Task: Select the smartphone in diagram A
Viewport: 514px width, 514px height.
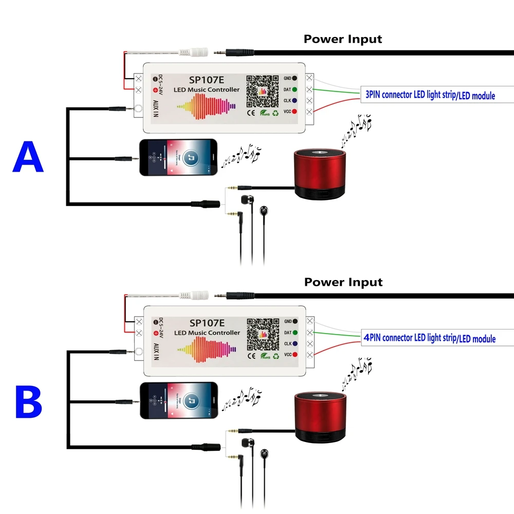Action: click(x=178, y=158)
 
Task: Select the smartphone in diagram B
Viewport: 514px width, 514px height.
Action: click(x=178, y=401)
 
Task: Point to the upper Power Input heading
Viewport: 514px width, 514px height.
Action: click(x=343, y=39)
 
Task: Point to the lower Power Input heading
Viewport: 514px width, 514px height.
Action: click(x=343, y=282)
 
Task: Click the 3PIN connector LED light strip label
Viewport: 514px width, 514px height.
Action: click(x=430, y=95)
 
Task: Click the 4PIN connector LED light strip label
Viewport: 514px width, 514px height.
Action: click(x=430, y=338)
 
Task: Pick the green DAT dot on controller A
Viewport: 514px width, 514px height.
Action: click(x=295, y=89)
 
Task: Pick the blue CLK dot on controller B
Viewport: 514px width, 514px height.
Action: click(x=295, y=344)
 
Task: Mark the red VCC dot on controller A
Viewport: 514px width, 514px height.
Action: click(x=295, y=112)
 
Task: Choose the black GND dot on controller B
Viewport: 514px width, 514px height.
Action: click(x=295, y=321)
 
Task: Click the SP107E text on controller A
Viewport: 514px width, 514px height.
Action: click(x=206, y=80)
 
